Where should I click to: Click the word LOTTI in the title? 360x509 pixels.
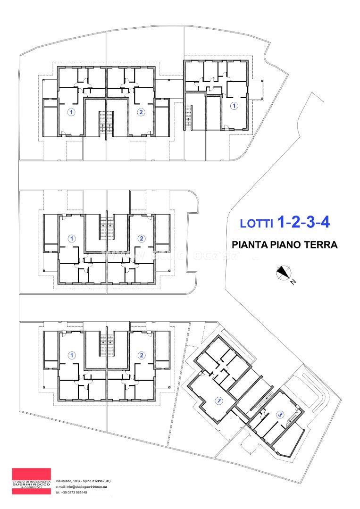(x=257, y=224)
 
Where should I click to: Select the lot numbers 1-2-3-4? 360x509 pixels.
(x=303, y=222)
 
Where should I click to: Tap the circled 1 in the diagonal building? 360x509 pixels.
(x=219, y=401)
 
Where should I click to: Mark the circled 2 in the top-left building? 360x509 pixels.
(x=140, y=112)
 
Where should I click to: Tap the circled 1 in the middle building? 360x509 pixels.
(x=72, y=238)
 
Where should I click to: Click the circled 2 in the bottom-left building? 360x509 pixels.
(x=140, y=355)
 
